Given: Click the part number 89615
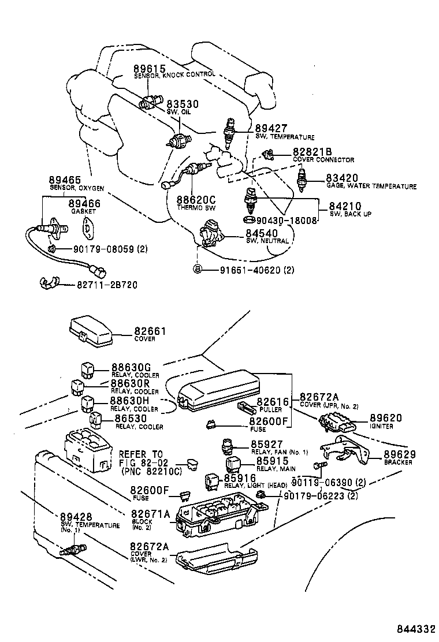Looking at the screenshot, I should [149, 68].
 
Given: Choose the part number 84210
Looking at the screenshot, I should [345, 206].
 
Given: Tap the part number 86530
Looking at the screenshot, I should [131, 418].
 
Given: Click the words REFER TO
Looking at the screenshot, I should [141, 454].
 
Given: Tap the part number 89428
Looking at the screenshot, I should [76, 516].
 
